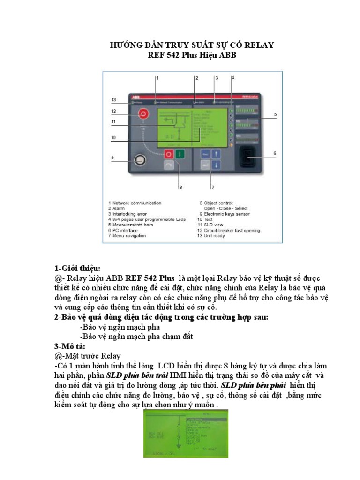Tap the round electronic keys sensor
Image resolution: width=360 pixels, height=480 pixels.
coord(138,161)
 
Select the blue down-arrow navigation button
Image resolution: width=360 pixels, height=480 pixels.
coord(216,165)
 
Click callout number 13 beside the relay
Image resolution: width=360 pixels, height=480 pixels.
coord(114,100)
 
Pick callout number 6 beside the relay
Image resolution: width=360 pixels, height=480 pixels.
coord(274,153)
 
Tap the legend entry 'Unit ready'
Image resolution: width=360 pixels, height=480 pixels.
coord(215,236)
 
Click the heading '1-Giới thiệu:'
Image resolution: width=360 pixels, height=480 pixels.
coord(77,268)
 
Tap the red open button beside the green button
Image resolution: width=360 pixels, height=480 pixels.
coord(168,154)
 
